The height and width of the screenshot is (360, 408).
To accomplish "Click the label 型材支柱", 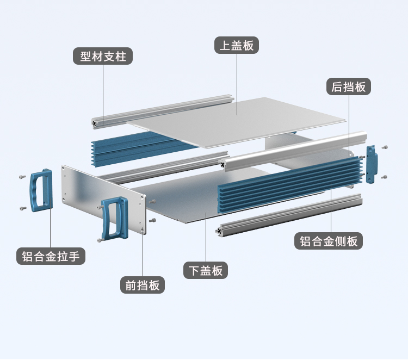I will (103, 56).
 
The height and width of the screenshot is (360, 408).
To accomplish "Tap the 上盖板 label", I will (236, 45).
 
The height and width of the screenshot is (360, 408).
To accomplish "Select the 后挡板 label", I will (349, 86).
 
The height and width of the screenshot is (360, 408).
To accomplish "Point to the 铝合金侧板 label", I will (329, 241).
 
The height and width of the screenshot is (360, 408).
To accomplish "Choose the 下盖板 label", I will (206, 270).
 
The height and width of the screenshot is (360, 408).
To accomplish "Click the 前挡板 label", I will (143, 284).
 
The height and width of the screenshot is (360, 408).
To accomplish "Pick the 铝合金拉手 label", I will (51, 256).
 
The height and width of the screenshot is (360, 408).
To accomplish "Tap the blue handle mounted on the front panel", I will (114, 218).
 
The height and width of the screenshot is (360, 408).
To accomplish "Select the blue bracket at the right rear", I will (372, 165).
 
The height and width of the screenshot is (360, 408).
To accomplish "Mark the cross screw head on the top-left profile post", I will (97, 123).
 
